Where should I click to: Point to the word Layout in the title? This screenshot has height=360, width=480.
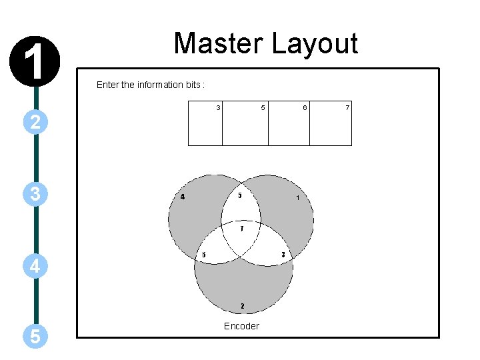[x=315, y=44]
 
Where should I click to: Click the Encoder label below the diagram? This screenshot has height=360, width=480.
[x=241, y=326]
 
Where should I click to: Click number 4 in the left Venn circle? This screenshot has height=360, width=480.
[x=183, y=197]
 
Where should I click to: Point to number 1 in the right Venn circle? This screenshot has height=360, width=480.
[x=298, y=198]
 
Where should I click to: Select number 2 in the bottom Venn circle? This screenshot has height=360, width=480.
[x=242, y=307]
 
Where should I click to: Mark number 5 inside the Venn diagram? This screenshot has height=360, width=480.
[x=240, y=195]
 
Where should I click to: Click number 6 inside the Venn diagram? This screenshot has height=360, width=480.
[x=204, y=255]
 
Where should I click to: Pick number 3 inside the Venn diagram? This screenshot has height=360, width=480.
[x=283, y=255]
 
